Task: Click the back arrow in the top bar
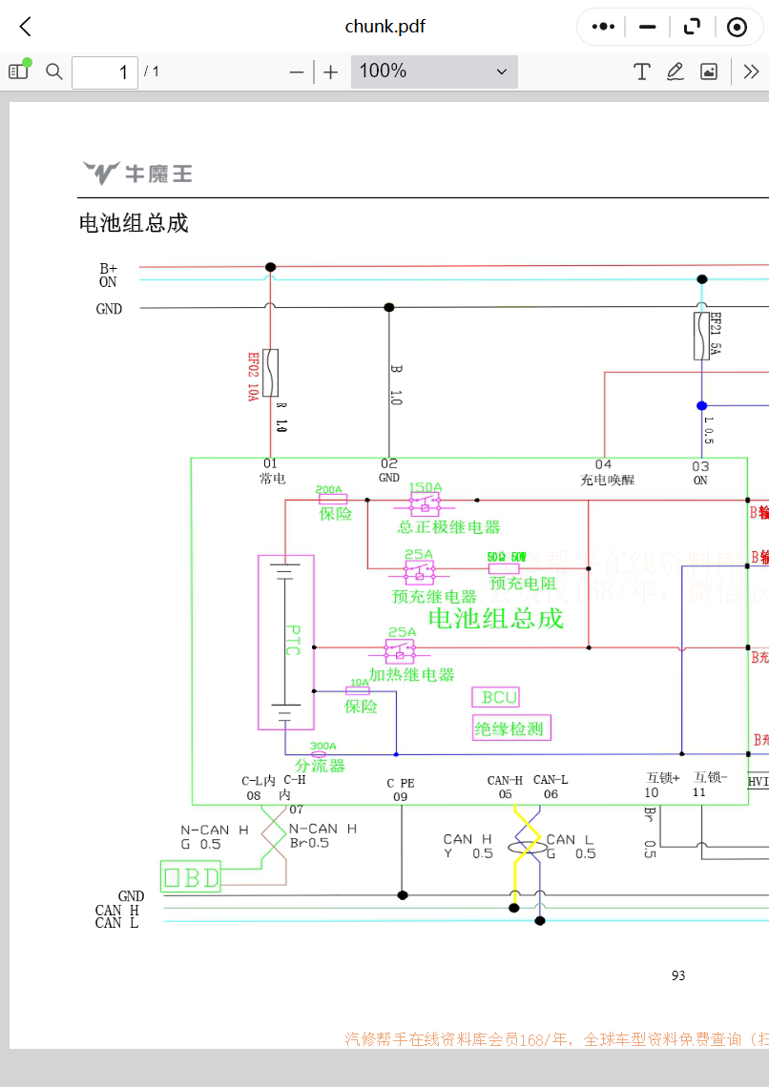26,27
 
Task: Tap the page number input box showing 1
105,72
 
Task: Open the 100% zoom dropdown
434,72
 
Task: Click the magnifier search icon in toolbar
54,72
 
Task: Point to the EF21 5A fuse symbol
701,335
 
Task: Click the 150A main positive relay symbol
425,500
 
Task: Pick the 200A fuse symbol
331,499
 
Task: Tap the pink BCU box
496,697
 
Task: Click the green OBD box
191,876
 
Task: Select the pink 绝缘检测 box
511,729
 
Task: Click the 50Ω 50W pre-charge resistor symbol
504,568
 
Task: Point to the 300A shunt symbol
320,753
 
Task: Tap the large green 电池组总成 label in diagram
495,618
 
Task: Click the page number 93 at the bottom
678,974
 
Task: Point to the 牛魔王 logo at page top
137,173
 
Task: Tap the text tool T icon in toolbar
642,72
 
